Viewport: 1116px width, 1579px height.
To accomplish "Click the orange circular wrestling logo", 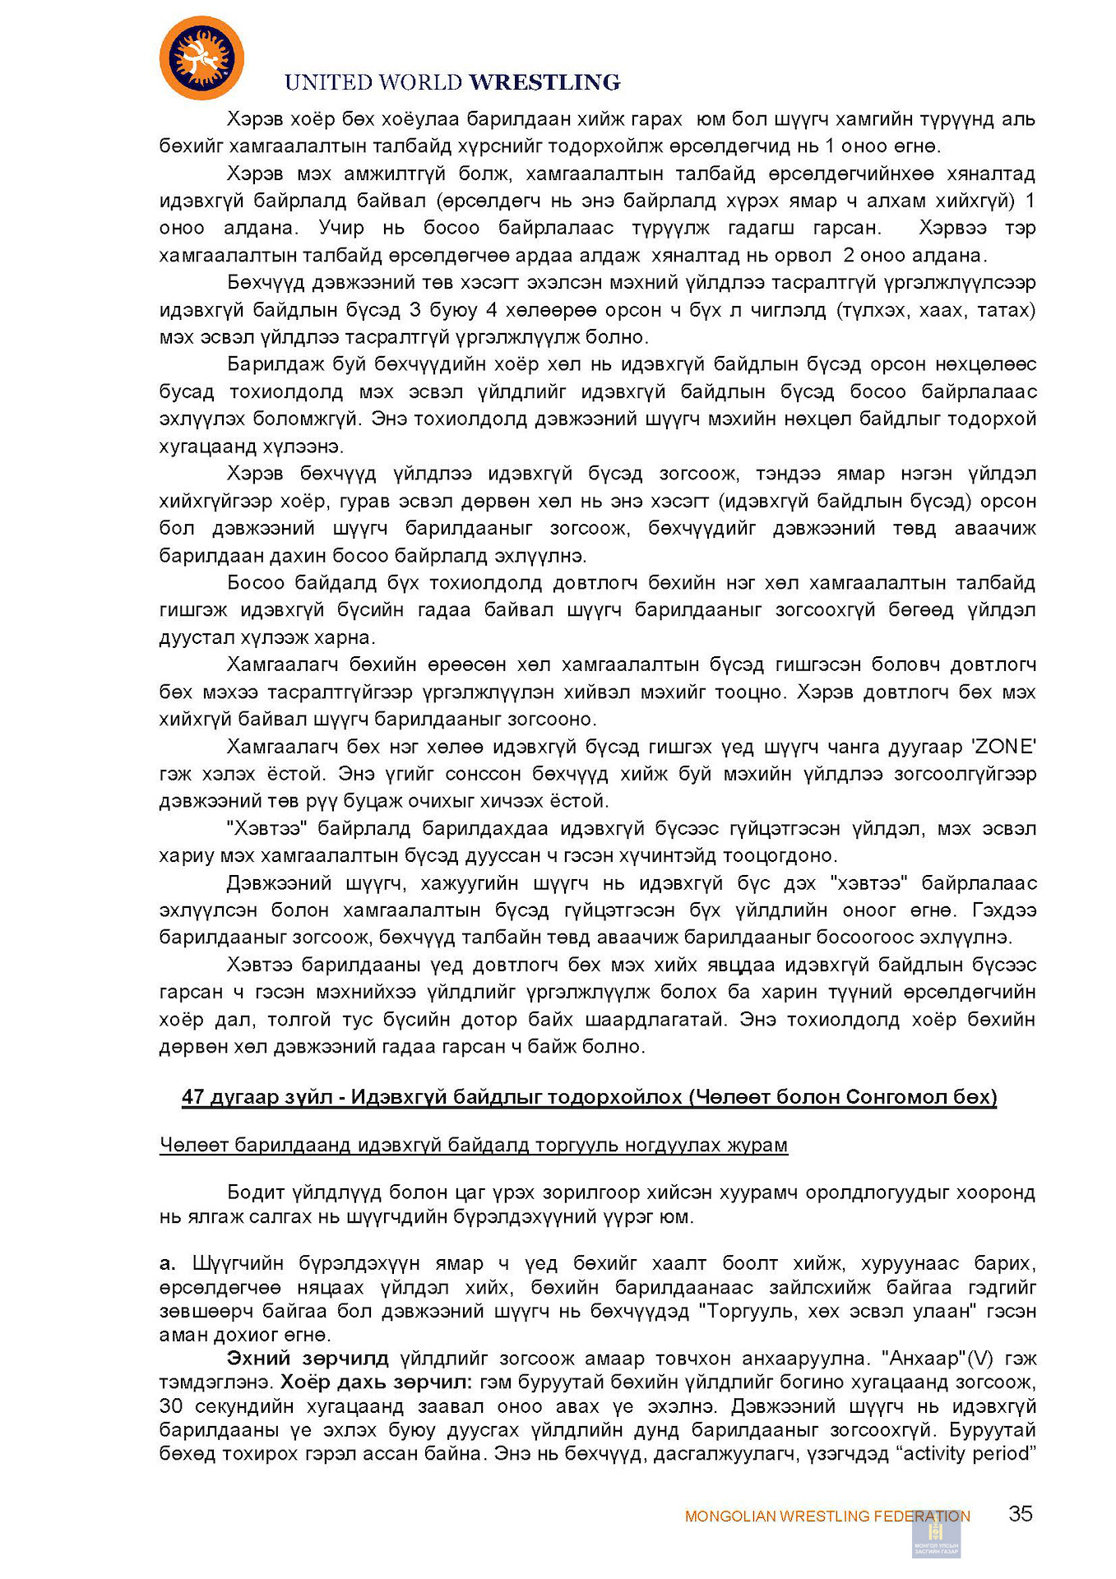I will pyautogui.click(x=201, y=58).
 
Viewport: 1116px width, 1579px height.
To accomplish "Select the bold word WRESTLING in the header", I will pyautogui.click(x=544, y=82).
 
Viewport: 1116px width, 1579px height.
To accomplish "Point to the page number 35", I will pyautogui.click(x=1020, y=1514).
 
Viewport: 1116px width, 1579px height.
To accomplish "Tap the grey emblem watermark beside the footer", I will pyautogui.click(x=936, y=1535).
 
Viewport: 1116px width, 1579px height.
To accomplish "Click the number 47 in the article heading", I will pyautogui.click(x=193, y=1097).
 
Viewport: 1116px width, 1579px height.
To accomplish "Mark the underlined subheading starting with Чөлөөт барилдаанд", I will pyautogui.click(x=473, y=1145).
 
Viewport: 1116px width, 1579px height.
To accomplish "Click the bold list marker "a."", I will pyautogui.click(x=167, y=1263).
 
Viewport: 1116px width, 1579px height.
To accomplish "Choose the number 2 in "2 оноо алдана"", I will pyautogui.click(x=849, y=255).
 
